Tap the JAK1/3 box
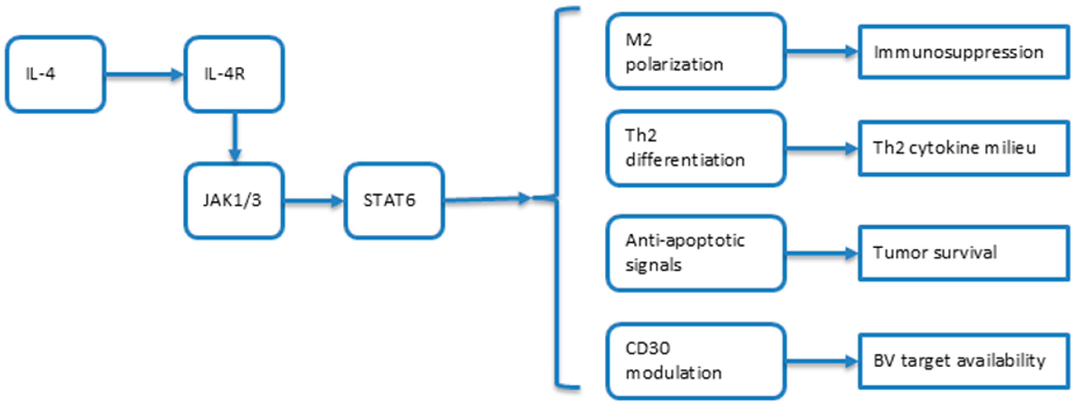pos(234,201)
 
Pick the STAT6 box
pos(394,201)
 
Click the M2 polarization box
pos(696,52)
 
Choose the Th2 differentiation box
pos(696,148)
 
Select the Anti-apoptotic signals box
pos(696,253)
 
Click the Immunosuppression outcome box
pos(963,52)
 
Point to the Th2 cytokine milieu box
pos(963,148)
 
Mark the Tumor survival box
pos(963,253)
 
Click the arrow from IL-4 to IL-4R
pos(144,75)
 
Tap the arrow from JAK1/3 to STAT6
pos(314,201)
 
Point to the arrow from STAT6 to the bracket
pos(487,199)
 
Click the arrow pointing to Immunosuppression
pos(822,52)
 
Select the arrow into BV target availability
pos(822,361)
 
